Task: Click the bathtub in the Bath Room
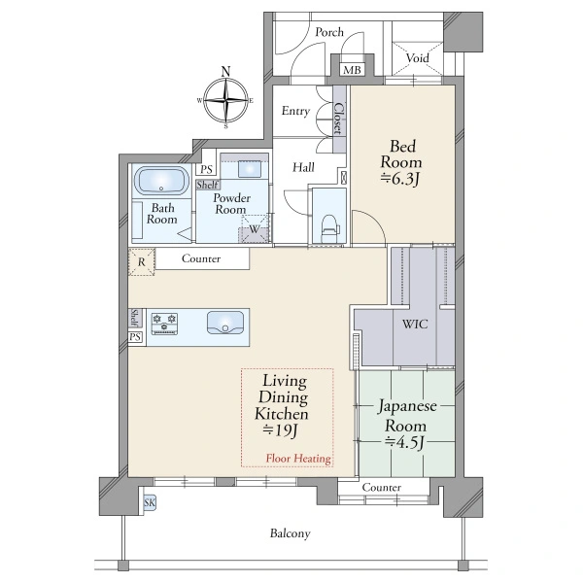pyautogui.click(x=161, y=181)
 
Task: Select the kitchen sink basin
pyautogui.click(x=225, y=323)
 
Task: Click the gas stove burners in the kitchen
pyautogui.click(x=164, y=324)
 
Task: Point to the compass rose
pyautogui.click(x=225, y=100)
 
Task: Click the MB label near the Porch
pyautogui.click(x=352, y=70)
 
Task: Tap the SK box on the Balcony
pyautogui.click(x=150, y=503)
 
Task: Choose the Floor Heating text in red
pyautogui.click(x=298, y=459)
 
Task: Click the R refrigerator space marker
pyautogui.click(x=141, y=262)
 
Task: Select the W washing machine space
pyautogui.click(x=255, y=228)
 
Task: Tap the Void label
pyautogui.click(x=417, y=58)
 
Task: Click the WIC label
pyautogui.click(x=415, y=324)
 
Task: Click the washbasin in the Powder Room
pyautogui.click(x=251, y=169)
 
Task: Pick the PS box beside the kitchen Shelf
pyautogui.click(x=135, y=337)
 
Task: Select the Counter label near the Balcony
pyautogui.click(x=382, y=487)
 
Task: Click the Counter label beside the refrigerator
pyautogui.click(x=201, y=258)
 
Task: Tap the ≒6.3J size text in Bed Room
pyautogui.click(x=400, y=179)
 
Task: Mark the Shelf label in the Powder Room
pyautogui.click(x=208, y=185)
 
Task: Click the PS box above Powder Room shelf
pyautogui.click(x=206, y=169)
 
